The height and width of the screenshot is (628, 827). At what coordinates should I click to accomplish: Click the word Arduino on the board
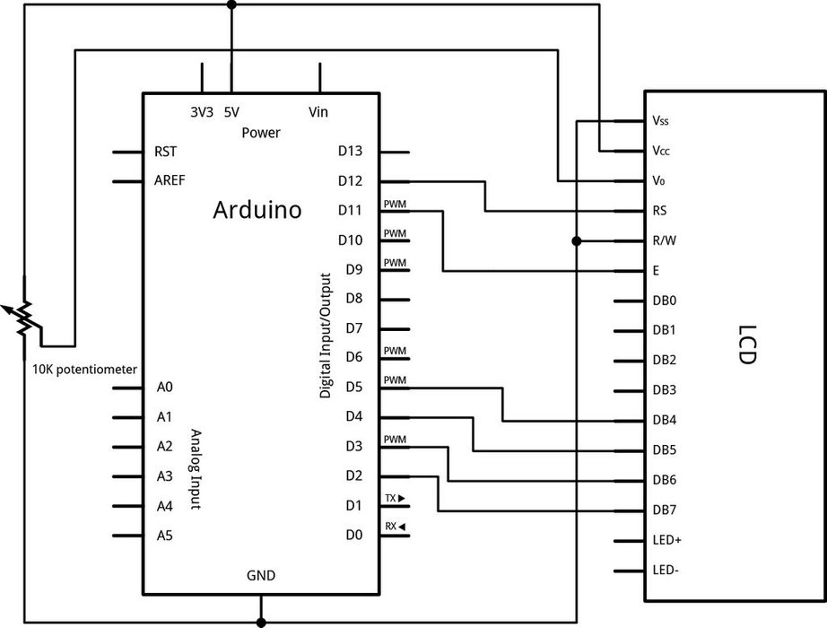click(257, 211)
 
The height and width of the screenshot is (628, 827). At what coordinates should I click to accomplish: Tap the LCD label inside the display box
click(744, 345)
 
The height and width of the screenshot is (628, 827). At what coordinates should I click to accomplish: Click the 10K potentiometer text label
click(84, 369)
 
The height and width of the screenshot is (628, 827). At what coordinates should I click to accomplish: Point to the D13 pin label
click(350, 152)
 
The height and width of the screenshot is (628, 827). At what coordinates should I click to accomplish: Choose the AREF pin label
click(170, 180)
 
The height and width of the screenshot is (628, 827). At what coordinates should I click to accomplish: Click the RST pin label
click(165, 152)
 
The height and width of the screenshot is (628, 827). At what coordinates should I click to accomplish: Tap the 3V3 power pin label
click(202, 112)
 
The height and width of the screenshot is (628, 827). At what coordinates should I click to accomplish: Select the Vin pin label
click(318, 112)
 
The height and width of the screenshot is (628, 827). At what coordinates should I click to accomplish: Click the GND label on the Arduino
click(261, 575)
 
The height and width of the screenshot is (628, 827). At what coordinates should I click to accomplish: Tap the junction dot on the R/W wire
click(577, 240)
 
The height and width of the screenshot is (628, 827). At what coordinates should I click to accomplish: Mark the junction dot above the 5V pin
click(232, 4)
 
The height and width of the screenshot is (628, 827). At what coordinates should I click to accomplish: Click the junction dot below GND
click(261, 621)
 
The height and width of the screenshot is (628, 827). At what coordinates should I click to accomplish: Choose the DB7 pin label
click(665, 510)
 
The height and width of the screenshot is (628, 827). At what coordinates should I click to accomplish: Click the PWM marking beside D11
click(395, 205)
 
